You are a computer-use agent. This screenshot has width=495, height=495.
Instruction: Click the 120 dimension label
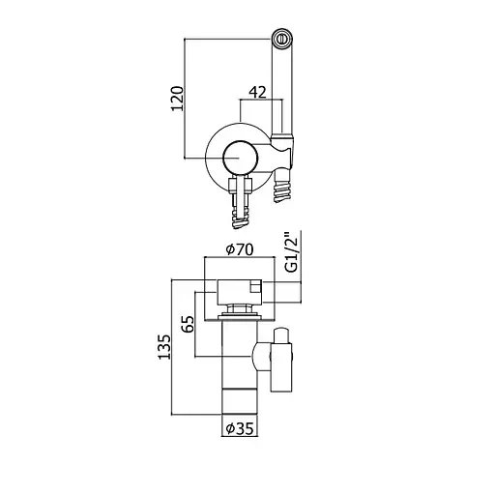click(x=177, y=99)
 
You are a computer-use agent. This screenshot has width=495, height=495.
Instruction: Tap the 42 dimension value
click(x=257, y=93)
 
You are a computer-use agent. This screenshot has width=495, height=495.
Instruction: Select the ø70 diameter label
click(x=240, y=249)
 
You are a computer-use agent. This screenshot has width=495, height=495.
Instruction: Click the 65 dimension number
click(x=188, y=324)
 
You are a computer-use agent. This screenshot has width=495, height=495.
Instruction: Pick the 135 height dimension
click(x=163, y=347)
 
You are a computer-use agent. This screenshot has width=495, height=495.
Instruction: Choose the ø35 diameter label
click(x=240, y=428)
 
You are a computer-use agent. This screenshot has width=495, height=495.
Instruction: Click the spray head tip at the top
click(x=282, y=39)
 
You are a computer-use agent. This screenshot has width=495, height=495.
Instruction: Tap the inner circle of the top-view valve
click(x=240, y=158)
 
